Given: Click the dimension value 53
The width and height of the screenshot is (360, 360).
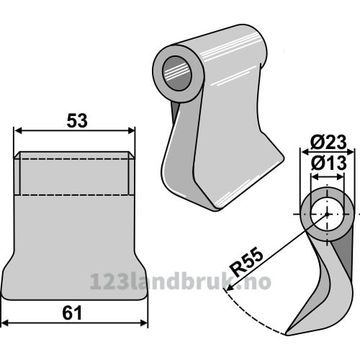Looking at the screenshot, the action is [77, 121].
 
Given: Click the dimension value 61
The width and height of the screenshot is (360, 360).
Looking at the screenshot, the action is [72, 312].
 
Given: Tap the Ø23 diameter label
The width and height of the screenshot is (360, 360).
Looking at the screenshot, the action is [328, 143].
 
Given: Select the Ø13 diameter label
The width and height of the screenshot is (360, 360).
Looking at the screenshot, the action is [328, 163].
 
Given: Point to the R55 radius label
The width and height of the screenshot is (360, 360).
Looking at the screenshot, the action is [246, 263].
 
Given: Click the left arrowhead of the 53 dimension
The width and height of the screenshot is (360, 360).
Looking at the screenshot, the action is [18, 131].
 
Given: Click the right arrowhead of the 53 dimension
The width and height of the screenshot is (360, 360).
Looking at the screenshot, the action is [131, 131].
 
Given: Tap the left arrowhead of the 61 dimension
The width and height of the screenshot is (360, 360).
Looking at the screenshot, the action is [5, 323].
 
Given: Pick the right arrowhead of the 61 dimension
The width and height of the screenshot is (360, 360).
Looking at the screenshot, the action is [143, 323].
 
